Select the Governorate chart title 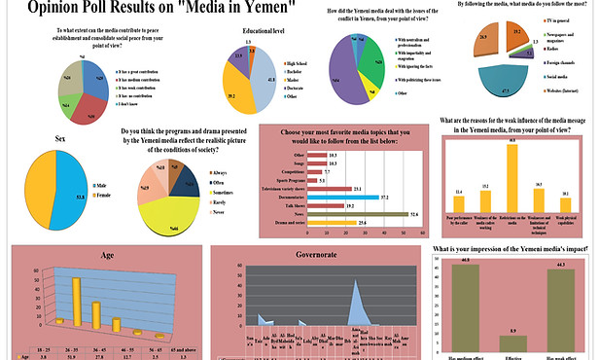311,255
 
